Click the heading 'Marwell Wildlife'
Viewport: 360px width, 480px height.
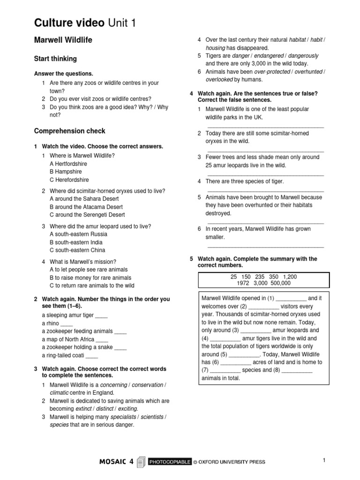[x=63, y=40]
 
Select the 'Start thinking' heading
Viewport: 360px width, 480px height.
[x=55, y=59]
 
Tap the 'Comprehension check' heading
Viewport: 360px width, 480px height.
[x=70, y=131]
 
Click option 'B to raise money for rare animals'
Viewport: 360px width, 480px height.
[x=90, y=277]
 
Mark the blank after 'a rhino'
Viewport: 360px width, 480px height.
[x=67, y=323]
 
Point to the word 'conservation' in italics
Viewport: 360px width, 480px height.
[x=148, y=385]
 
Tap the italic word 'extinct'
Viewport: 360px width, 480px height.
[x=83, y=409]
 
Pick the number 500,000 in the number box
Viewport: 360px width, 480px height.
[x=279, y=283]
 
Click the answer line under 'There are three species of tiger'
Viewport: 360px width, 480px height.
[x=265, y=191]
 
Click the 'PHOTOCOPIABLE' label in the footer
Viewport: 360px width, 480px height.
[x=170, y=462]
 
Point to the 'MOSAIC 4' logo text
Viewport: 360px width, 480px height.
[x=117, y=462]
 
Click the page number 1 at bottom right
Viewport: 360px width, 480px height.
[x=323, y=460]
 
